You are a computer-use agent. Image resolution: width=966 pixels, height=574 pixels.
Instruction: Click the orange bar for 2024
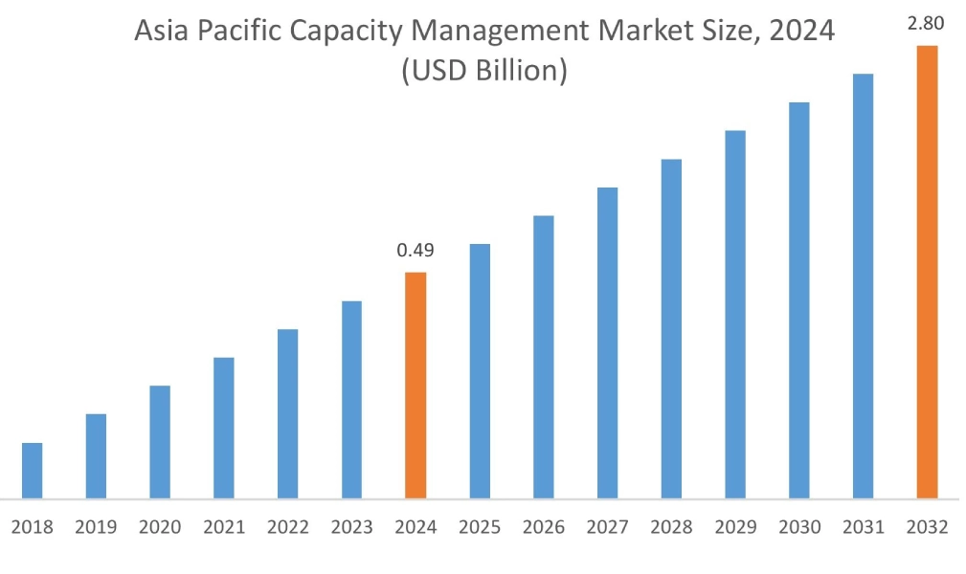[x=416, y=385]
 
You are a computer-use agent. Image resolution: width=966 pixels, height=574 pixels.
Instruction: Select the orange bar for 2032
[x=927, y=272]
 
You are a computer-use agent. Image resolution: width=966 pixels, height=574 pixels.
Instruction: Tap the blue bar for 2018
[x=32, y=470]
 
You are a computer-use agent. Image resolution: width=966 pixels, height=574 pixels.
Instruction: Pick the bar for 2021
[x=223, y=428]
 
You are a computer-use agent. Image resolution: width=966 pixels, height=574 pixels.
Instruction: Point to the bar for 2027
[x=607, y=342]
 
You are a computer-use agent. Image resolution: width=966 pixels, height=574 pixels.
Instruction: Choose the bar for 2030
[x=799, y=299]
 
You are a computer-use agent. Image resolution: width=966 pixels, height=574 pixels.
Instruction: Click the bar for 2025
[x=480, y=371]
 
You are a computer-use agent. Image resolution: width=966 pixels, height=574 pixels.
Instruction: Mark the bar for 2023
[x=351, y=399]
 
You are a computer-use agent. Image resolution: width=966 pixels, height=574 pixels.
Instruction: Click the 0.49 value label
[x=416, y=251]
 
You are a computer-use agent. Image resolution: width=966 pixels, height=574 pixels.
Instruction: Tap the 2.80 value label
[x=927, y=24]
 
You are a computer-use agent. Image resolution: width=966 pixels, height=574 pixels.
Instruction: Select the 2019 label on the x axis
[x=96, y=527]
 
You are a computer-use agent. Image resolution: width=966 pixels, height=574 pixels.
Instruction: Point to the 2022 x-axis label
[x=287, y=527]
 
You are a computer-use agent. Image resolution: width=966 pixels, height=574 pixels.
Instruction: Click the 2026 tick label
[x=544, y=527]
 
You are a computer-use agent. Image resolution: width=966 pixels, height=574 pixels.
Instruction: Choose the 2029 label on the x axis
[x=735, y=527]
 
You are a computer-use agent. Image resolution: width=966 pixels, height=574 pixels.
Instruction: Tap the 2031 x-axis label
[x=863, y=527]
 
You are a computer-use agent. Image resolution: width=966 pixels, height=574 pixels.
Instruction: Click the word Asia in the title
[x=158, y=33]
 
